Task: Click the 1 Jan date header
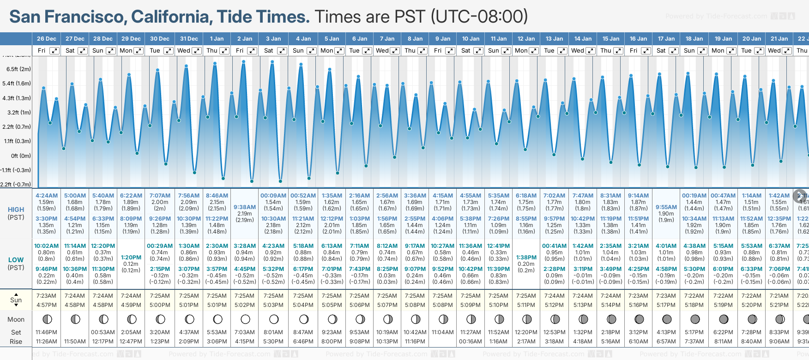click(217, 39)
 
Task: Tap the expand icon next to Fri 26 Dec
click(54, 51)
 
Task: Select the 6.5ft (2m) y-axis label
click(18, 69)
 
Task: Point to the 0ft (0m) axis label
click(21, 156)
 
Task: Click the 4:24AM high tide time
click(47, 196)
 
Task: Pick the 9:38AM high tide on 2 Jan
click(245, 207)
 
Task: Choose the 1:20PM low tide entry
click(131, 258)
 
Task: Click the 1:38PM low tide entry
click(526, 258)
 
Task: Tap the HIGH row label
click(16, 210)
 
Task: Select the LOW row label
click(16, 260)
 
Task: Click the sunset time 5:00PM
click(160, 305)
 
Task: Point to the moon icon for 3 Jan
click(274, 319)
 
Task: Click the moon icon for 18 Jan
click(695, 319)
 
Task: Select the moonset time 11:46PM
click(47, 332)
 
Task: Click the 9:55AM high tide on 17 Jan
click(666, 207)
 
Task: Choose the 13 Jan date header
click(555, 39)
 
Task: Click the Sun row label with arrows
click(16, 300)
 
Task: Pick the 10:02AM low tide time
click(47, 246)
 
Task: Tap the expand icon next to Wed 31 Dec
click(196, 51)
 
